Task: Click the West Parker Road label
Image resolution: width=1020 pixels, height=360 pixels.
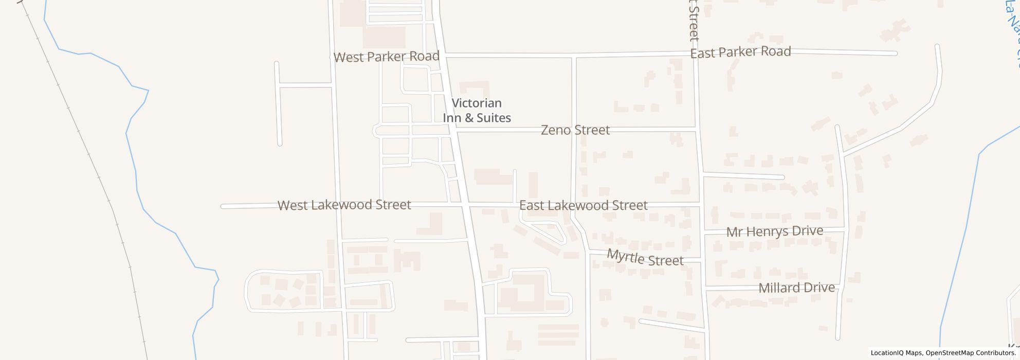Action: pos(386,57)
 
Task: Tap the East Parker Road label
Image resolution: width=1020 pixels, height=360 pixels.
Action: pos(740,52)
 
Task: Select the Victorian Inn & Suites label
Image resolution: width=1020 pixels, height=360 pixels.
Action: pos(477,111)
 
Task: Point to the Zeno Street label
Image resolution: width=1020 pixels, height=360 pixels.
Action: pos(575,130)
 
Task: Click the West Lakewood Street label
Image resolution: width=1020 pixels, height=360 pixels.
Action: pos(344,205)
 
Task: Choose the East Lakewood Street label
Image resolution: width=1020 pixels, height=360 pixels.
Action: pos(583,206)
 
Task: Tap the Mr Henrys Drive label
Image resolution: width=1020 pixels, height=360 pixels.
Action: pos(774,231)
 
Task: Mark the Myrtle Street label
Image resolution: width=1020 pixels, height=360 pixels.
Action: pos(645,258)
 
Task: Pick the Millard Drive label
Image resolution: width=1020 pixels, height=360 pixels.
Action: pos(796,288)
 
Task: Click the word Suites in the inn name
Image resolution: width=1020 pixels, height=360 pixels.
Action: pos(494,118)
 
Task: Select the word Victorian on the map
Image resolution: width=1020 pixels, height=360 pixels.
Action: pos(477,103)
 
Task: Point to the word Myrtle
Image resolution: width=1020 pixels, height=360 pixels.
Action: pos(625,255)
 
